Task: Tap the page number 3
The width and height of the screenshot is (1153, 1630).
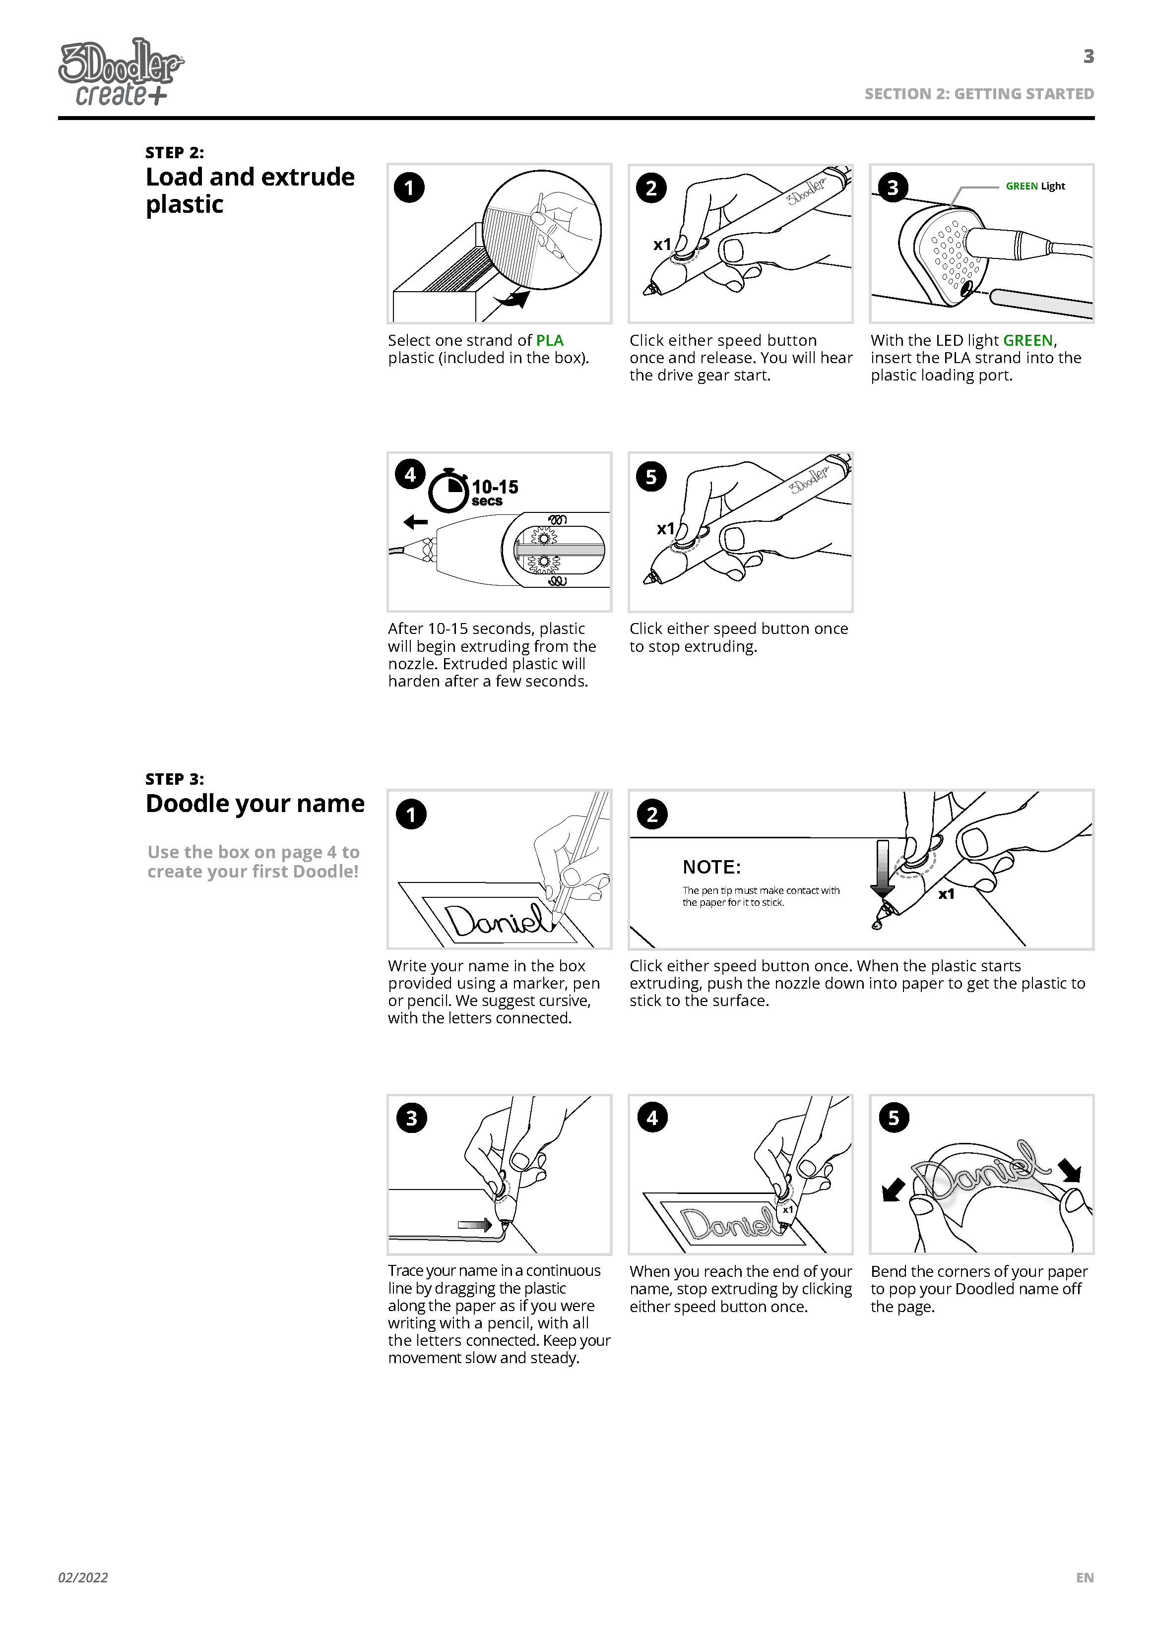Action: tap(1088, 56)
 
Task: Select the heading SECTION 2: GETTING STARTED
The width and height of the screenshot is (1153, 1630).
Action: tap(978, 94)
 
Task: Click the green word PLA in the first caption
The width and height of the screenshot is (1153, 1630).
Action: tap(550, 341)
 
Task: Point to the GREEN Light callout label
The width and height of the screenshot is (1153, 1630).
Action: tap(1034, 186)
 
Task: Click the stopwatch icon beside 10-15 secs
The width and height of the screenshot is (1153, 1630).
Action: tap(448, 490)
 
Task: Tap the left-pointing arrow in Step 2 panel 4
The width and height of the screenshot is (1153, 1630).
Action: tap(415, 522)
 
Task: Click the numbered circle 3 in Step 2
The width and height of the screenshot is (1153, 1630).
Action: tap(893, 188)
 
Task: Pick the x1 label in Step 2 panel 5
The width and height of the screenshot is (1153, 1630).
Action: tap(665, 529)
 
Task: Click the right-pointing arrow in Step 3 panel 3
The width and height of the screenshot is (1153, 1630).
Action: tap(475, 1225)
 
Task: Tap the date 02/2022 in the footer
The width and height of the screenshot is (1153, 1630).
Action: tap(83, 1577)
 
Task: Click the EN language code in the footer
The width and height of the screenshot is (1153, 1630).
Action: tap(1084, 1577)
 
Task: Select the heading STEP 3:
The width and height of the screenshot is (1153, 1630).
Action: tap(175, 779)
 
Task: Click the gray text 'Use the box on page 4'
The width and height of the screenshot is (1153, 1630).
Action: tap(254, 852)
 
